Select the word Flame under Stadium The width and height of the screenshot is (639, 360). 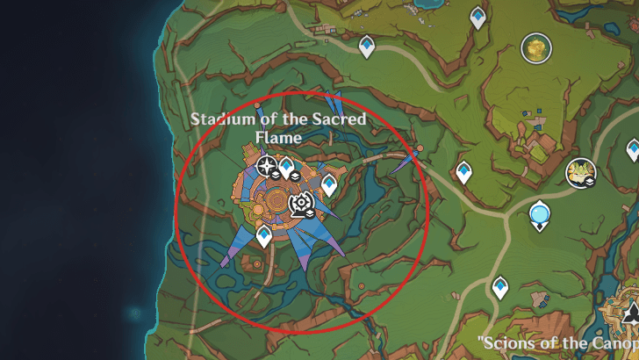278,137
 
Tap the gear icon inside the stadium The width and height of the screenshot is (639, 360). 301,205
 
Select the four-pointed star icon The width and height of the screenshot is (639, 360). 267,166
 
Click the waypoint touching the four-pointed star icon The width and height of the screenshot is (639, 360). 284,167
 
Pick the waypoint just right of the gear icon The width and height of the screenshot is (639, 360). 329,184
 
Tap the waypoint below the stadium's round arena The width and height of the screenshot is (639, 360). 263,235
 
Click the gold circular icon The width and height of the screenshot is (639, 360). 535,47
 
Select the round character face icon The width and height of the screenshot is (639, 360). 581,173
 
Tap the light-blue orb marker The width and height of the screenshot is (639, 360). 540,213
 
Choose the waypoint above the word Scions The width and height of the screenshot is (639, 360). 500,286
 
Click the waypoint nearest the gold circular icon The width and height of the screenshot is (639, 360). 477,17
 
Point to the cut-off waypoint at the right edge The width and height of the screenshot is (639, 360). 634,149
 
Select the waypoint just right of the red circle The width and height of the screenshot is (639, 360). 463,172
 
